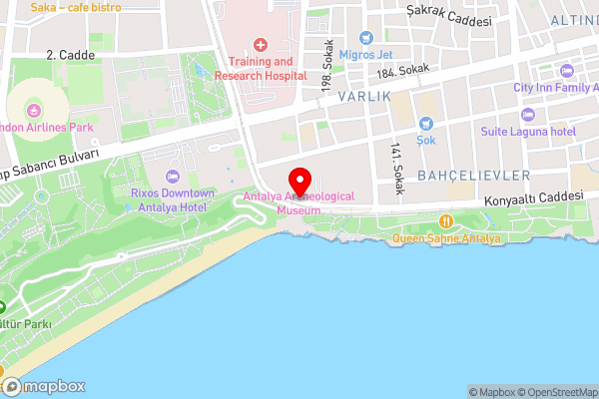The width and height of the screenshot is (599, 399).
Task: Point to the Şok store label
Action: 426,141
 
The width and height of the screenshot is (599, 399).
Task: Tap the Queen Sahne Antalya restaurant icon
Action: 447,221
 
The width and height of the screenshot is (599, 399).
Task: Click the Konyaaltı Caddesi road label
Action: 533,197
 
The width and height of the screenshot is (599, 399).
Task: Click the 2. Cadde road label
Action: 70,56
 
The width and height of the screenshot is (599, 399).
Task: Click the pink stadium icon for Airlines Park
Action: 36,109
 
